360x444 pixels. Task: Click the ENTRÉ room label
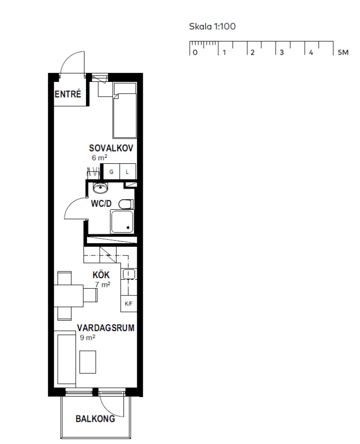(x=68, y=94)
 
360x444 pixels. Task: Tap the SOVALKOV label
(x=111, y=148)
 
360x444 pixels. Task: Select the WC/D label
(x=101, y=203)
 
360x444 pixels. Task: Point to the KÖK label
(x=101, y=275)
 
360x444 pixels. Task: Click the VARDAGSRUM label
(x=106, y=328)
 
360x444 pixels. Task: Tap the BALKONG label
(x=95, y=419)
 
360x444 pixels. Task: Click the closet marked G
(x=112, y=172)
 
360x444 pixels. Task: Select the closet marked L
(x=127, y=172)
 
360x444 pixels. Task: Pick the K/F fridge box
(x=129, y=304)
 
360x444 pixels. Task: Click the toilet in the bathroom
(x=126, y=204)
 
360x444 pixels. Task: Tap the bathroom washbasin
(x=101, y=188)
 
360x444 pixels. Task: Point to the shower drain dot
(x=128, y=227)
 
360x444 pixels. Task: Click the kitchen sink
(x=129, y=274)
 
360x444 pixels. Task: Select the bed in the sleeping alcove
(x=125, y=111)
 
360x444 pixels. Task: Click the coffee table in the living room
(x=87, y=362)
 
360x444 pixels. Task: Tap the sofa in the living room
(x=65, y=359)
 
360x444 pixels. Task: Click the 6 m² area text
(x=99, y=158)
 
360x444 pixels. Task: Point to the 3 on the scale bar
(x=281, y=52)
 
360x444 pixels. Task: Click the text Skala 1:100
(x=212, y=26)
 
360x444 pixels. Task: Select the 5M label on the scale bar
(x=343, y=52)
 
